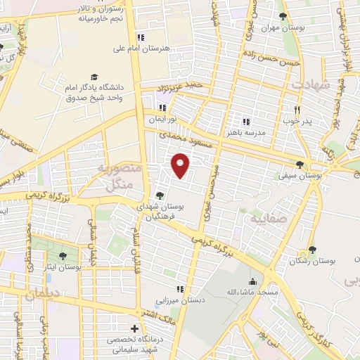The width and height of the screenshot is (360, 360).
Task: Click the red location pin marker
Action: click(180, 166)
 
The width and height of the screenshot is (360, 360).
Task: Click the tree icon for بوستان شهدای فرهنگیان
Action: click(160, 196)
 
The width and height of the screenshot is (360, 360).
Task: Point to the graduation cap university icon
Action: click(94, 77)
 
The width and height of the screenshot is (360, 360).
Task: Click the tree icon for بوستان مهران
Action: click(283, 16)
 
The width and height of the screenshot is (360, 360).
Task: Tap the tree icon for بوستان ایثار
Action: click(63, 256)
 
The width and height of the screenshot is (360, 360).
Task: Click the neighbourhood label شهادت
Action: click(308, 83)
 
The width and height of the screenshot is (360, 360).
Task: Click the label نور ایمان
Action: click(161, 120)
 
